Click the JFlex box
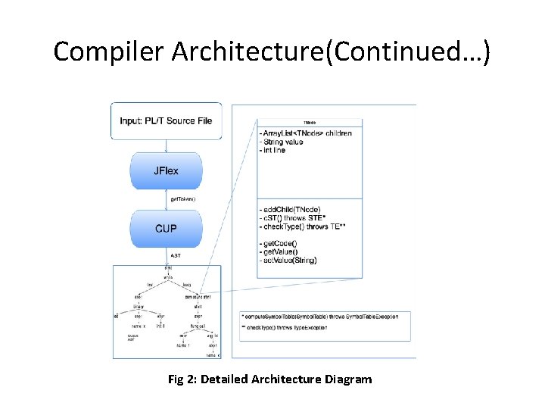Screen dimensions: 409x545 click(x=166, y=170)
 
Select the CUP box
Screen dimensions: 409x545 click(x=166, y=227)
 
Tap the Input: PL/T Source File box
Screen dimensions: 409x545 click(x=166, y=121)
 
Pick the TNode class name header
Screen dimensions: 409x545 click(x=310, y=122)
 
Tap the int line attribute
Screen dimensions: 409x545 click(x=274, y=151)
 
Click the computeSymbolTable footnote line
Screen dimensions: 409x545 click(x=324, y=315)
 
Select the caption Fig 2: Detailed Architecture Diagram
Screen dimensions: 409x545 click(x=270, y=379)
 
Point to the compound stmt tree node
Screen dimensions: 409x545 click(x=197, y=296)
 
